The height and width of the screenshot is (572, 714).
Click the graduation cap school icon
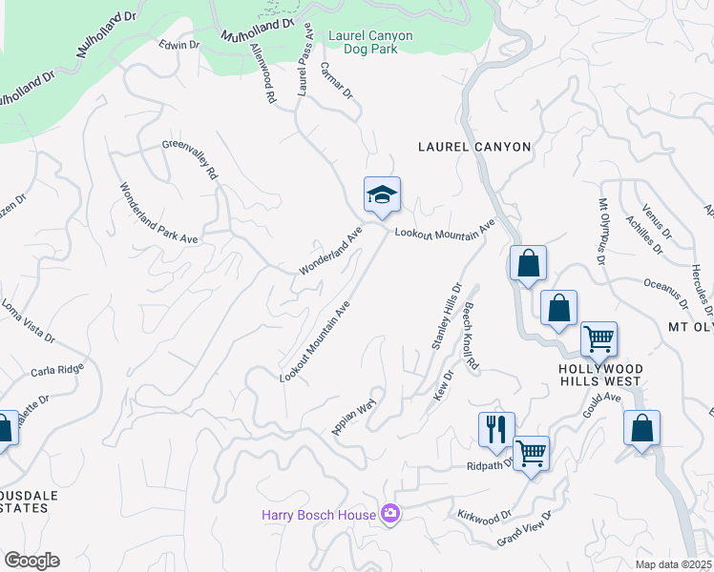pyautogui.click(x=382, y=195)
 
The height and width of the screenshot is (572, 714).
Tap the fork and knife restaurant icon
pyautogui.click(x=496, y=430)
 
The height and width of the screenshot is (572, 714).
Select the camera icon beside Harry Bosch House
pyautogui.click(x=389, y=515)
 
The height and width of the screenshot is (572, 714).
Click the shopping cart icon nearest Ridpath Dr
pyautogui.click(x=531, y=454)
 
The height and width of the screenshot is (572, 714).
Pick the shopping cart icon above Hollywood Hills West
pyautogui.click(x=598, y=339)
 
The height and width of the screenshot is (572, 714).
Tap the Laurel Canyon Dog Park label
pyautogui.click(x=370, y=42)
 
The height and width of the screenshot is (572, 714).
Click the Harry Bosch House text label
pyautogui.click(x=319, y=515)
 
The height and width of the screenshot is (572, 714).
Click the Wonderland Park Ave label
pyautogui.click(x=157, y=213)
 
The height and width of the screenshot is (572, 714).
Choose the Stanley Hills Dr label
pyautogui.click(x=446, y=316)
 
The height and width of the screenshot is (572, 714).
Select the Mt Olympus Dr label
pyautogui.click(x=602, y=231)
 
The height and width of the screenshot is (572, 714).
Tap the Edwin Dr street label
pyautogui.click(x=178, y=45)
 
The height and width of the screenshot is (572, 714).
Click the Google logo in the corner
pyautogui.click(x=31, y=560)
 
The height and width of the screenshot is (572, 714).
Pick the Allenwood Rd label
pyautogui.click(x=262, y=71)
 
